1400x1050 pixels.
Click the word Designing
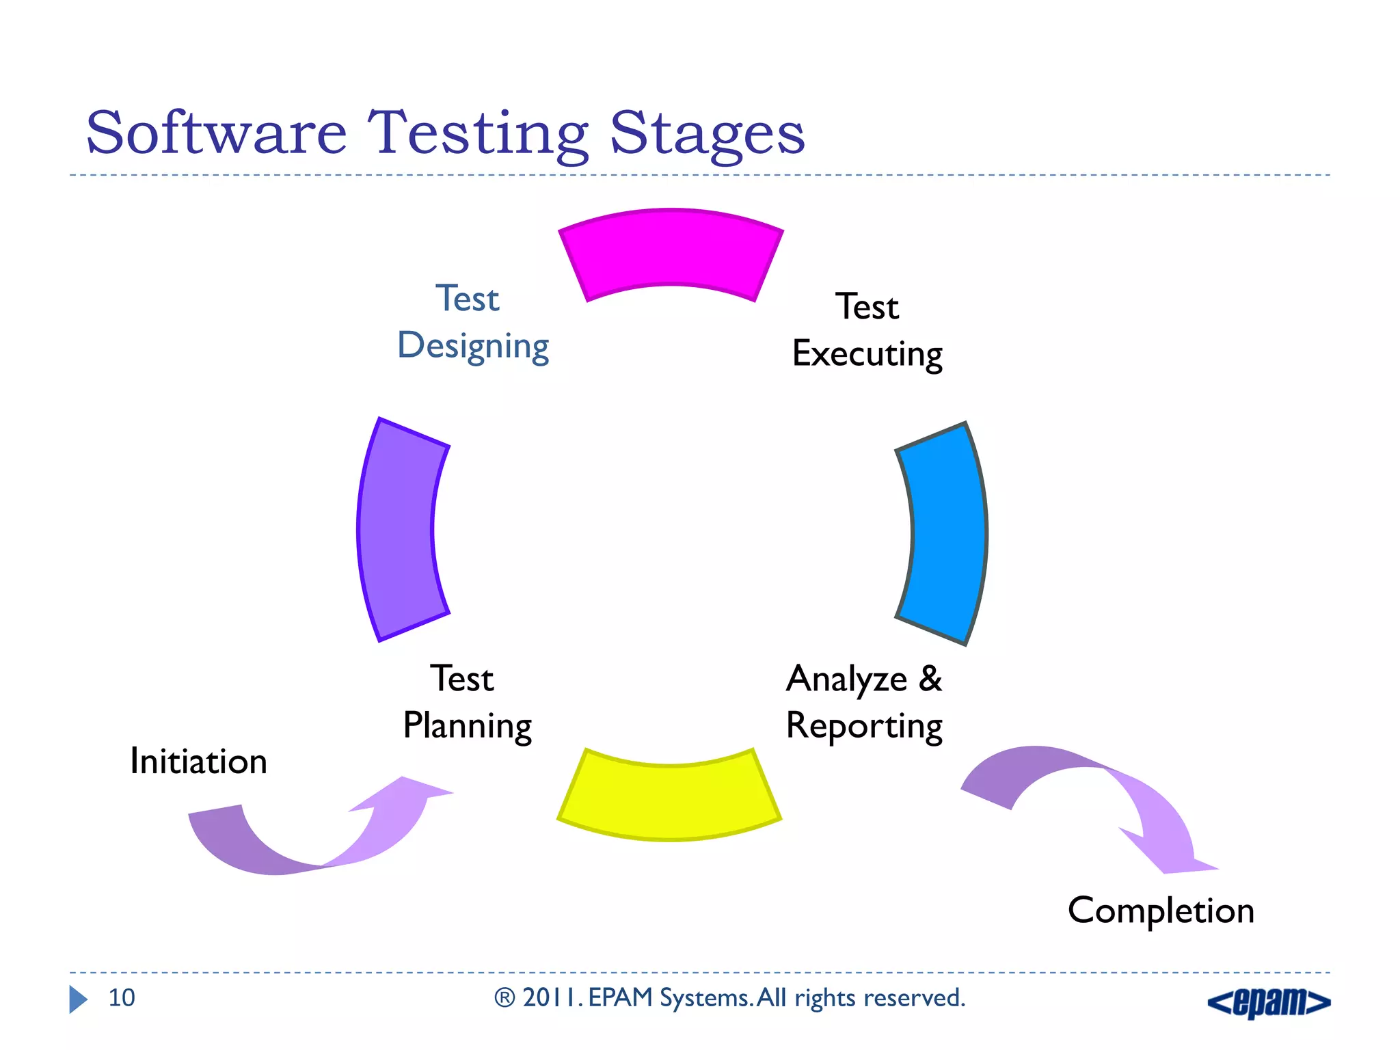(x=473, y=346)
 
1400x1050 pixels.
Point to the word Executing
(x=867, y=354)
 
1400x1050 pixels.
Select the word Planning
(x=468, y=726)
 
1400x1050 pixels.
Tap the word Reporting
(x=864, y=726)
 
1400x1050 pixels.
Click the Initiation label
(x=198, y=762)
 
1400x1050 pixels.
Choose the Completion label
(x=1161, y=911)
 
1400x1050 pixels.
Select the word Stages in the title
(x=707, y=134)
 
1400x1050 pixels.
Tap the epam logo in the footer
(x=1269, y=1002)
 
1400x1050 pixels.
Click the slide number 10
(x=122, y=998)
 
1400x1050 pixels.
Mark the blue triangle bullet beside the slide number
(x=78, y=999)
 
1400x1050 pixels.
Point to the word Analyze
(x=846, y=679)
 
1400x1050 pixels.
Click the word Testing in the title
(x=478, y=134)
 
